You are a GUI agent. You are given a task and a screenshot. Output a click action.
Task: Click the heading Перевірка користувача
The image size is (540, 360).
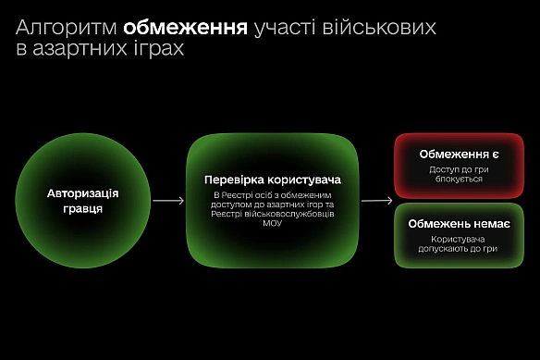tap(273, 178)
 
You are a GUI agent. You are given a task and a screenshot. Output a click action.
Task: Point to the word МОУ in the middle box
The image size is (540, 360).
tap(272, 222)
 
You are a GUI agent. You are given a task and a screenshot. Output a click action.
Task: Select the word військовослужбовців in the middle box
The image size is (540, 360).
tap(294, 213)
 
